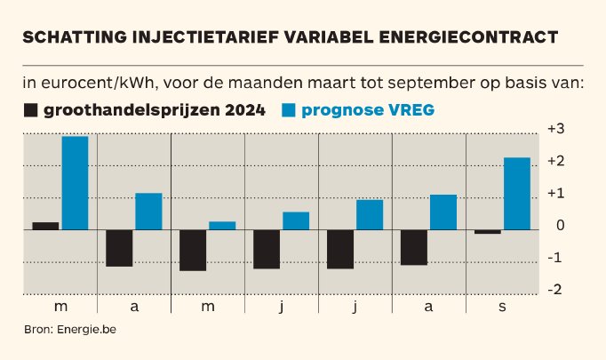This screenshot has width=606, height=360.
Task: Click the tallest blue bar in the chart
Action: point(75,183)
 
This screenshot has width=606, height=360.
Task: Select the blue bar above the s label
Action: point(517,194)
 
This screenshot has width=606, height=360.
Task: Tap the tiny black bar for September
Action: point(488,232)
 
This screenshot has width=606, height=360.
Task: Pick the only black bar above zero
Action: point(45,226)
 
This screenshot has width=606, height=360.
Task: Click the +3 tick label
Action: point(555,129)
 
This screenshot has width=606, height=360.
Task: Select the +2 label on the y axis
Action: point(555,161)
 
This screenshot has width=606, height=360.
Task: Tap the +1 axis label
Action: point(555,193)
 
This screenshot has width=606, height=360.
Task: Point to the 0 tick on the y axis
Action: point(559,226)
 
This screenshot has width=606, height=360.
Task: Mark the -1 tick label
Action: point(556,258)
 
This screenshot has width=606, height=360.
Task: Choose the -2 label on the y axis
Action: point(556,290)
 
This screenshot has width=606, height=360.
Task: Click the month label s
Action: point(502,307)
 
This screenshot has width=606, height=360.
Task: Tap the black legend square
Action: point(31,111)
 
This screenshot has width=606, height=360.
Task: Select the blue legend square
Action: point(289,111)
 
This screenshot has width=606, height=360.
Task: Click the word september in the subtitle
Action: point(418,84)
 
